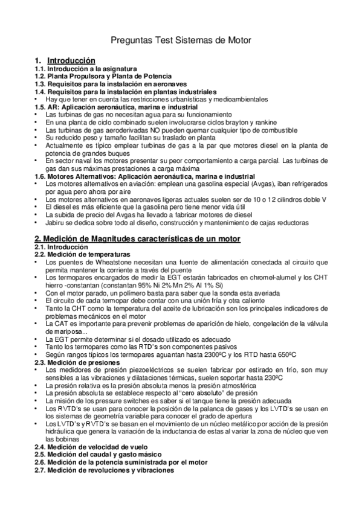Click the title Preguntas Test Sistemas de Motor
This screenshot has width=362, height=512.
pos(181,40)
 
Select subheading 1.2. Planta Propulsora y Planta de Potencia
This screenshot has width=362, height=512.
pos(97,77)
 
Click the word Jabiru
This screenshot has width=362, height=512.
pos(57,223)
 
